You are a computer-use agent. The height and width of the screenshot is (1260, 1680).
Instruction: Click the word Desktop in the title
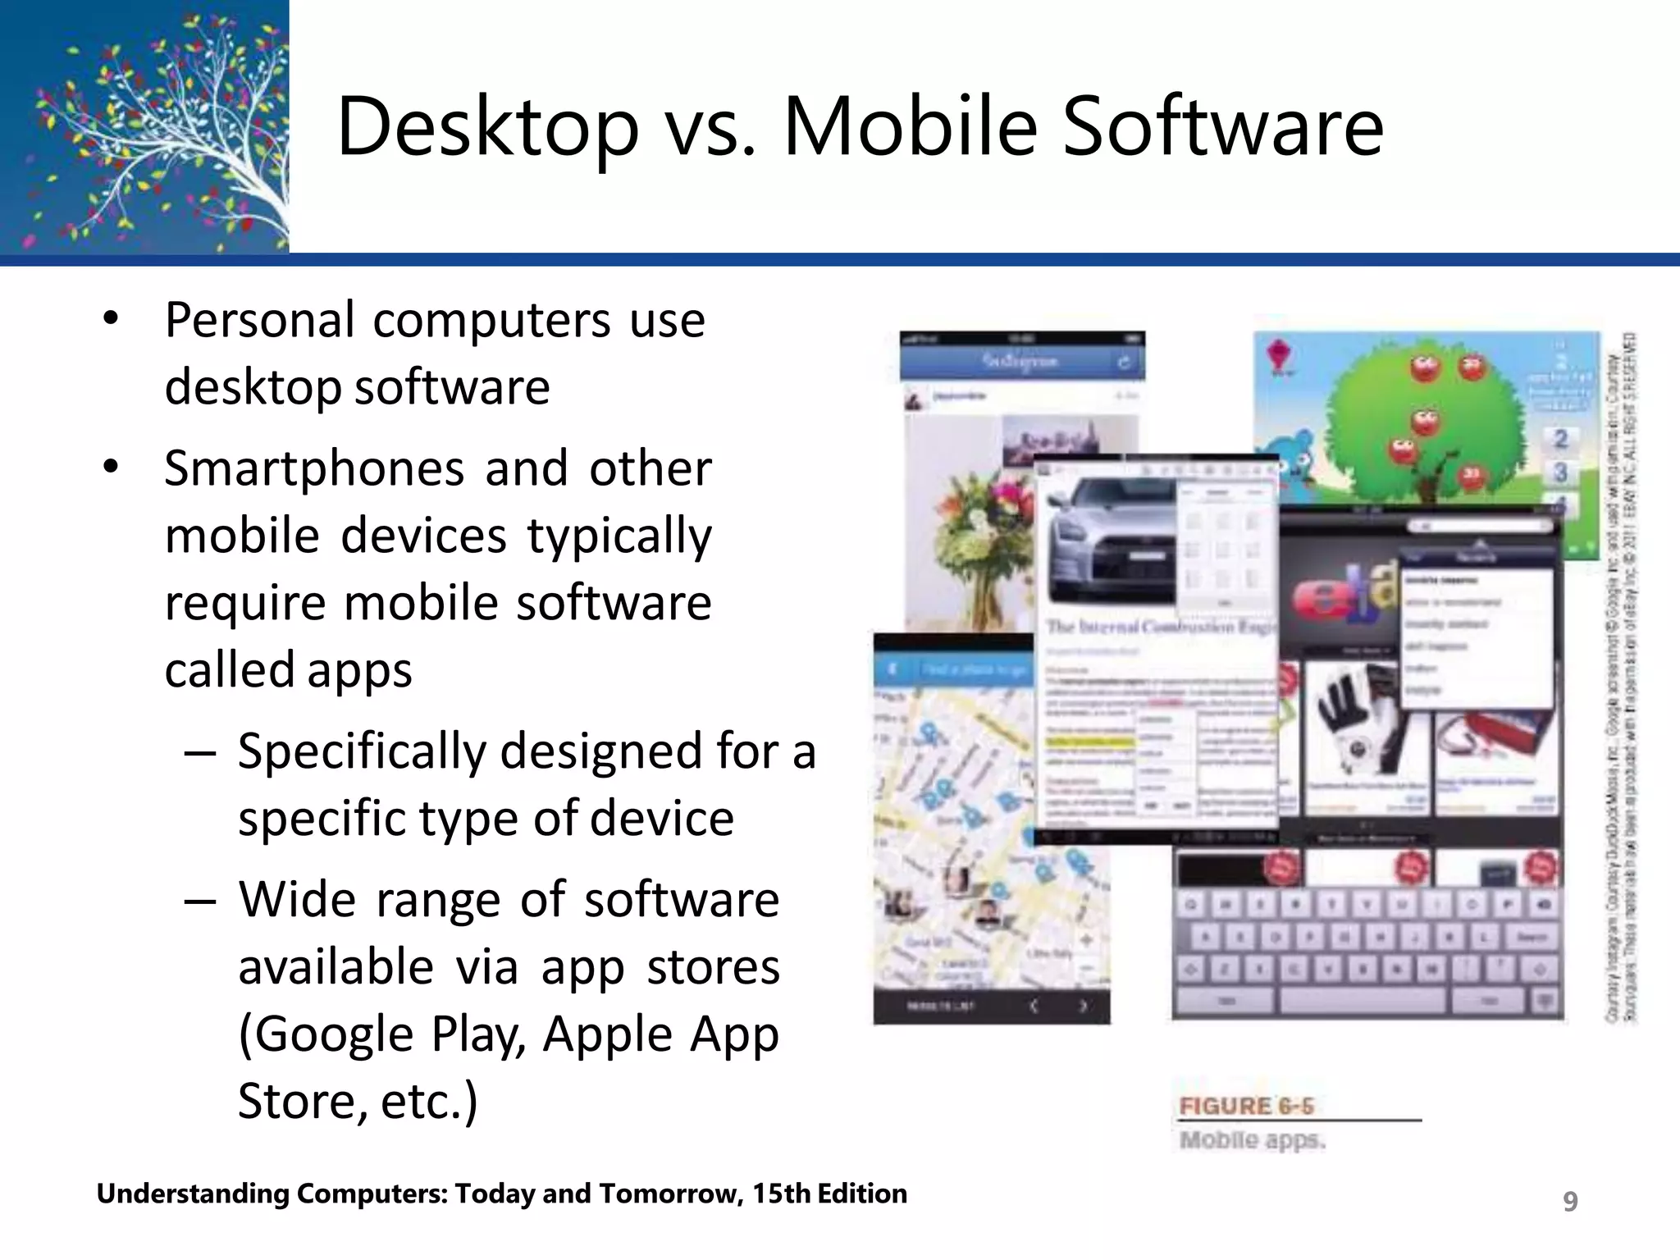tap(487, 127)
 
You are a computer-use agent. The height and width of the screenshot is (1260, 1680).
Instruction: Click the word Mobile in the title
tap(911, 127)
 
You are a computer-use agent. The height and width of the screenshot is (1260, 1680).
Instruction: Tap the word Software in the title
tap(1222, 127)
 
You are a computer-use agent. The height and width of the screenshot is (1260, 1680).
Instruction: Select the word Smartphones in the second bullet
tap(314, 469)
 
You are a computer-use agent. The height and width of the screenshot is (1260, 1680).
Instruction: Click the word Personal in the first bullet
tap(260, 320)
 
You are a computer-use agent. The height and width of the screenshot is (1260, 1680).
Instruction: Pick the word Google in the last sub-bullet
tap(326, 1034)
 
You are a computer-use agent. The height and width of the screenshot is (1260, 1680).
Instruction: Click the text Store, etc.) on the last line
tap(358, 1101)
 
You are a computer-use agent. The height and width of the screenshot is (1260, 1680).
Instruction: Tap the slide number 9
tap(1569, 1201)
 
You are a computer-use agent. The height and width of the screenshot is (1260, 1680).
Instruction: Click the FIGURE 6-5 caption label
tap(1245, 1107)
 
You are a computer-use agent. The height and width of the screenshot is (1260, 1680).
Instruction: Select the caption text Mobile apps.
tap(1252, 1140)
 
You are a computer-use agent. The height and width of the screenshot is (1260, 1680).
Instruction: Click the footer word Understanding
tap(193, 1194)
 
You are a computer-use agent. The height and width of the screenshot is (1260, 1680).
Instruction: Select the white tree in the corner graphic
tap(205, 139)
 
